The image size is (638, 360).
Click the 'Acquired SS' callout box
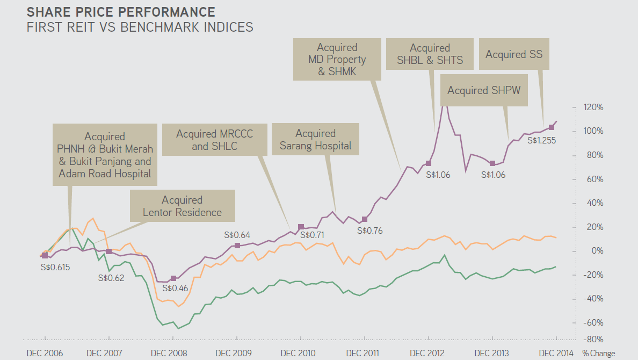[514, 54]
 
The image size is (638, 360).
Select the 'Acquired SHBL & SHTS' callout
[430, 54]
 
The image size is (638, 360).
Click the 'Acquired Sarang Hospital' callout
[315, 139]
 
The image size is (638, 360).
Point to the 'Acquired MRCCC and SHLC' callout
[214, 139]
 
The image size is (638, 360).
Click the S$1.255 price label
[541, 141]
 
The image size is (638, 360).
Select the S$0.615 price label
[55, 267]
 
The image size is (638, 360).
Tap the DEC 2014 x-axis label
[556, 353]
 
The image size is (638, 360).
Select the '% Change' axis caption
[599, 353]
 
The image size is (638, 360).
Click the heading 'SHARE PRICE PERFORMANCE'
[121, 12]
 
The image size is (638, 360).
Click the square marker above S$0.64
[237, 246]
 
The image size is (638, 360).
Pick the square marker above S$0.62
[108, 251]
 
